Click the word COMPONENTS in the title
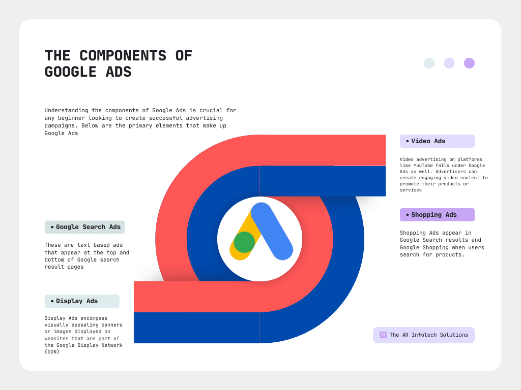coord(123,56)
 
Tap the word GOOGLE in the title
coord(70,72)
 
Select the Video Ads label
coord(437,141)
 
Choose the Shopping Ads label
coord(437,215)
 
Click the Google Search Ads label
coord(84,227)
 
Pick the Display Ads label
coord(82,301)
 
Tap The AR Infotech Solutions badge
coord(424,335)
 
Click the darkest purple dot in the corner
coord(469,63)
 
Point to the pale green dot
coord(429,63)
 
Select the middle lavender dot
coord(449,63)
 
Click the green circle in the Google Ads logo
coord(244,242)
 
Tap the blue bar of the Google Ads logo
coord(272,231)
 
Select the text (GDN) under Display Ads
coord(52,352)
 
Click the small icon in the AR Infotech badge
coord(383,335)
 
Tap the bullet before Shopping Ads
coord(408,215)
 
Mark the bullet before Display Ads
coord(52,301)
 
